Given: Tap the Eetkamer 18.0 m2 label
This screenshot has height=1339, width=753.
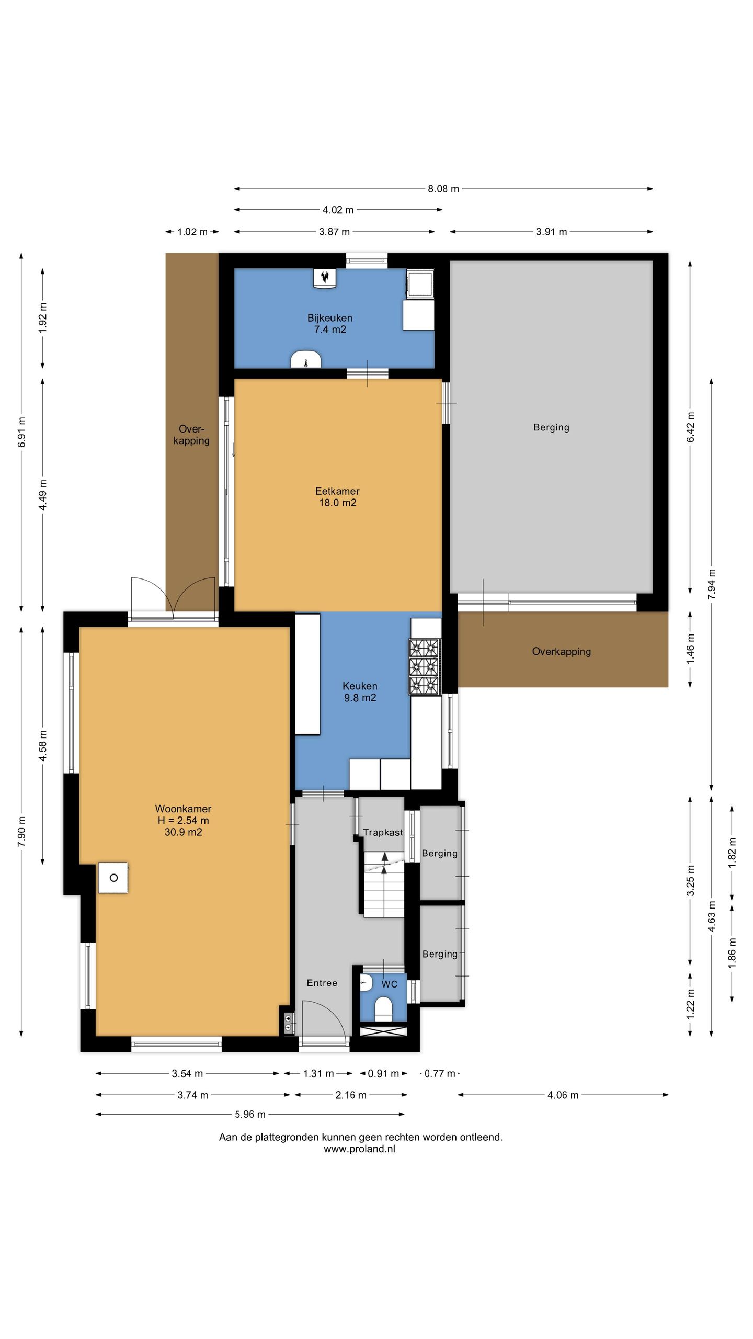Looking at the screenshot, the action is [x=337, y=497].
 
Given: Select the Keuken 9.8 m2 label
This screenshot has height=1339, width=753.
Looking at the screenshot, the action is [x=360, y=691].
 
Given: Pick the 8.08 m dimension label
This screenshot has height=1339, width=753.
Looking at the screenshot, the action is [x=443, y=189].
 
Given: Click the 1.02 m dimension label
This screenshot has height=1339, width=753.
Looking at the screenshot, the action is [x=192, y=232].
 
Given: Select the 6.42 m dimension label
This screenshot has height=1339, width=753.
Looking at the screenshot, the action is [x=691, y=427].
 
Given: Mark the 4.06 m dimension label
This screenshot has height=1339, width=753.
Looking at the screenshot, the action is [x=563, y=1095].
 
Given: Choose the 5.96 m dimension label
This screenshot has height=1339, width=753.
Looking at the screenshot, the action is [x=250, y=1114].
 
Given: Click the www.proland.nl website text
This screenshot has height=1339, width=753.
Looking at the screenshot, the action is [x=359, y=1149].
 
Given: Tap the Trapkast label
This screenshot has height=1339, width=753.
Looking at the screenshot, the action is [x=383, y=832].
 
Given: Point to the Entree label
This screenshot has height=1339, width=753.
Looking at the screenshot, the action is [x=322, y=983].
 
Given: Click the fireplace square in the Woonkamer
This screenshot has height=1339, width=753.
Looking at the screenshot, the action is [x=113, y=878].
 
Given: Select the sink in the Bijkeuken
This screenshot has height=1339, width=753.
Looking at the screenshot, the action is [x=306, y=359].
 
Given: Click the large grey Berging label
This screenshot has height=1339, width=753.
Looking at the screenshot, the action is [x=551, y=427].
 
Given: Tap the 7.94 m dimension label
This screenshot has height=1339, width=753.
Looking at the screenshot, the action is [x=712, y=584].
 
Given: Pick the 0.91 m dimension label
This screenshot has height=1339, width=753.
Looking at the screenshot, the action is [x=384, y=1074].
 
